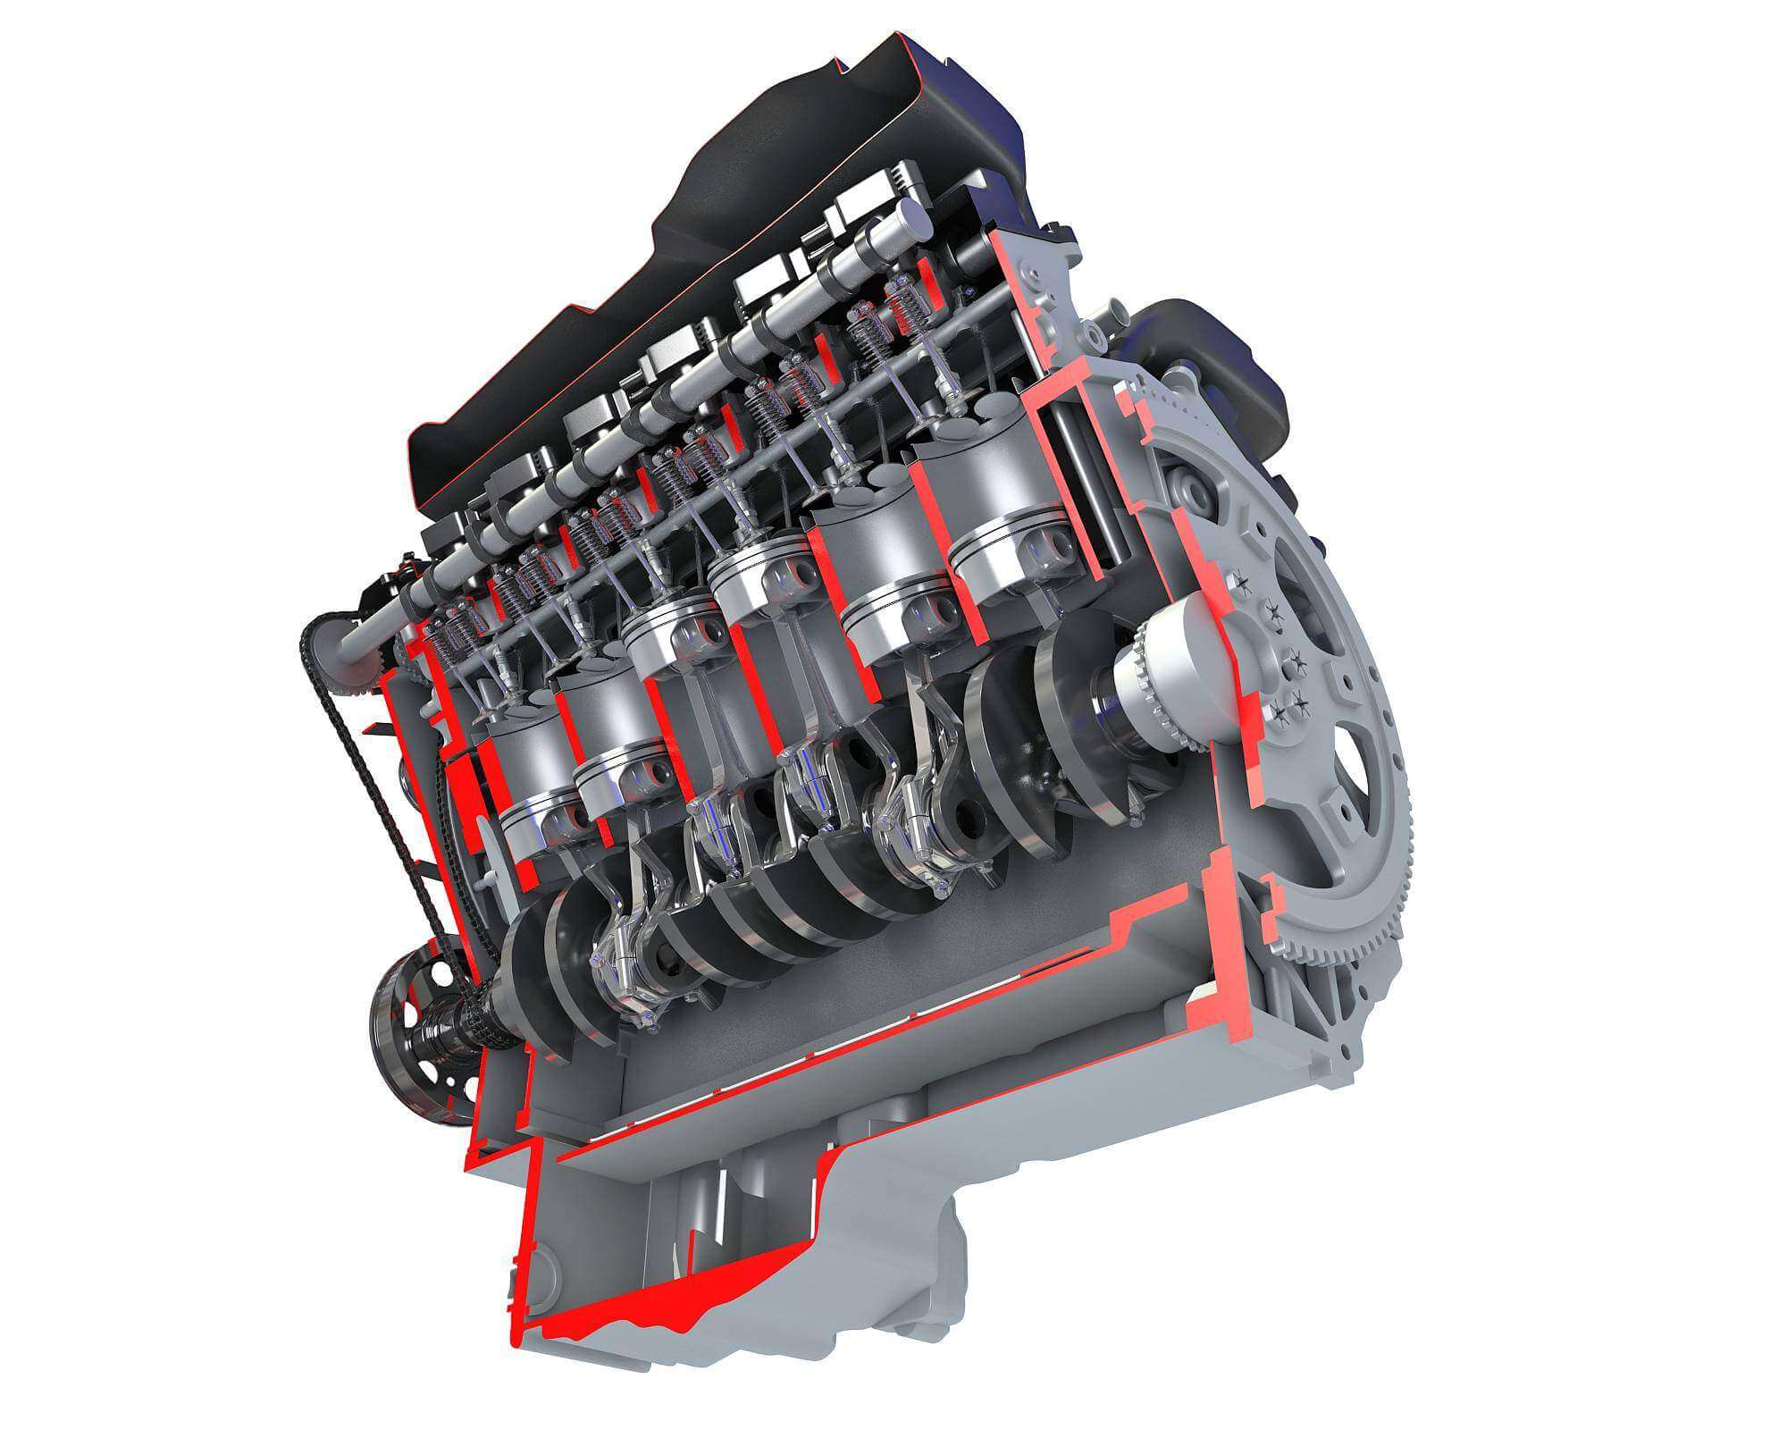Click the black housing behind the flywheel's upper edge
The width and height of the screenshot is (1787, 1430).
pyautogui.click(x=1233, y=357)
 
